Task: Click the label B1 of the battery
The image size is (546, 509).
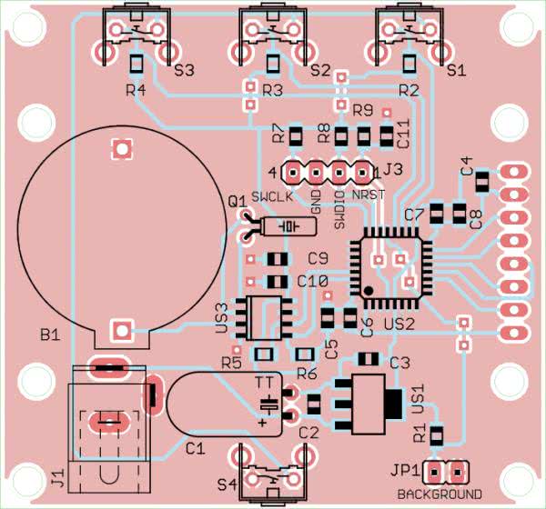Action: pos(49,335)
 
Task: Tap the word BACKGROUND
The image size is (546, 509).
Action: pos(440,494)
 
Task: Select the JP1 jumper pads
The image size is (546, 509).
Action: pos(447,472)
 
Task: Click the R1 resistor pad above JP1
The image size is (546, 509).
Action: pos(436,434)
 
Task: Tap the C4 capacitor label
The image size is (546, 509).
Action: pos(467,166)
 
